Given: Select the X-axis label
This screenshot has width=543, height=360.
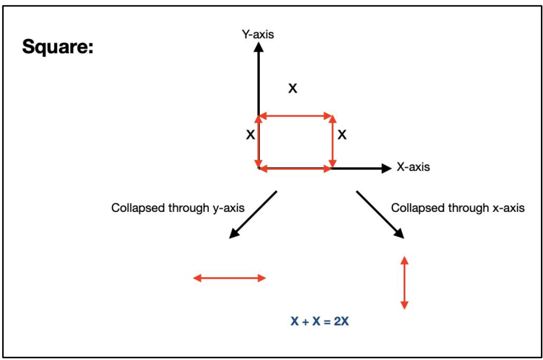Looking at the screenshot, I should pos(413,168).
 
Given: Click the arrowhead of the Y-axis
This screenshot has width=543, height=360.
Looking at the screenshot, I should pos(258,46).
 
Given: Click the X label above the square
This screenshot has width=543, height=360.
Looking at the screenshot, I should pos(292,89).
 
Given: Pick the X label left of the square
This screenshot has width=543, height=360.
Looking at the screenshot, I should pos(250,135).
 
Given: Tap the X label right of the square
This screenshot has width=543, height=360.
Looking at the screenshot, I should pos(342,135).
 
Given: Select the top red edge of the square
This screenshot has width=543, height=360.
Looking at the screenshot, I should pos(295,115).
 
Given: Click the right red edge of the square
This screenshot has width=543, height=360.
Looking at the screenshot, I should pos(332,141).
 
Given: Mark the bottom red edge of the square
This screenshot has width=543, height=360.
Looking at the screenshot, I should pos(295,168).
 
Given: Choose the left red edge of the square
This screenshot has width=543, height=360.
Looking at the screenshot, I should pos(258,141).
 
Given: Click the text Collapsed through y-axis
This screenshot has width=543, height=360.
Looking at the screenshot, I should pos(178,208).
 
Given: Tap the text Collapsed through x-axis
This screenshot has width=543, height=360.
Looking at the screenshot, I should pos(458,208).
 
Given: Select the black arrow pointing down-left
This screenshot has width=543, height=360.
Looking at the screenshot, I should pos(253,215).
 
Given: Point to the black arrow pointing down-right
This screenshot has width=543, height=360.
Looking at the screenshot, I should pos(380,215).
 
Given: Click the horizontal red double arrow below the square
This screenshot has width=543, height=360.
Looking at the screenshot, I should pos(230,278).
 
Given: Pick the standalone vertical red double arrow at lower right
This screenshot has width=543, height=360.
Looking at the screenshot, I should pos(404,282).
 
